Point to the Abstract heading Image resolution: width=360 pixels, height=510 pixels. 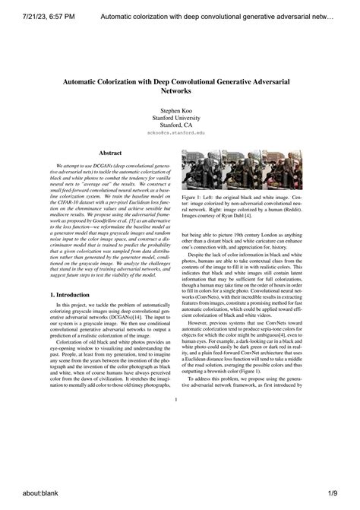tap(111, 153)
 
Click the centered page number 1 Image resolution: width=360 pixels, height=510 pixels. tap(175, 400)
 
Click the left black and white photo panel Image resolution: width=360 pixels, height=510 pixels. tap(201, 169)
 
